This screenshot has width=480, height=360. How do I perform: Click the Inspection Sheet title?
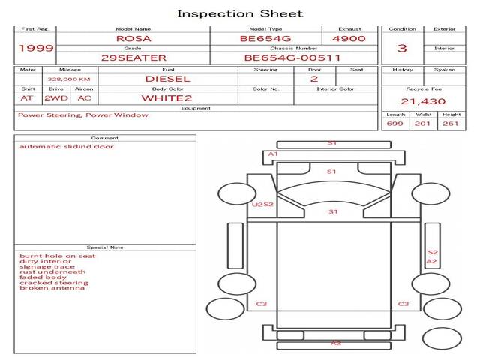pyautogui.click(x=240, y=13)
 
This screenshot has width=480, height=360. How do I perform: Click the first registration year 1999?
pyautogui.click(x=36, y=48)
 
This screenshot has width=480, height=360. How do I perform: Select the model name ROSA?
pyautogui.click(x=133, y=38)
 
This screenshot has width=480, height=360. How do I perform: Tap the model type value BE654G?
pyautogui.click(x=265, y=38)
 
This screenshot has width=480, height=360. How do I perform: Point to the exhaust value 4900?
pyautogui.click(x=349, y=38)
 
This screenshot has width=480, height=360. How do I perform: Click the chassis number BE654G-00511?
pyautogui.click(x=292, y=58)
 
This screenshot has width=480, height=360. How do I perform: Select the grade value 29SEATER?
pyautogui.click(x=133, y=58)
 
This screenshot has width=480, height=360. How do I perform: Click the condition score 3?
pyautogui.click(x=402, y=48)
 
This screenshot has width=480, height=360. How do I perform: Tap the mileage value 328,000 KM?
pyautogui.click(x=69, y=79)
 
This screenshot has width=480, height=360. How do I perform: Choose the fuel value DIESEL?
pyautogui.click(x=168, y=79)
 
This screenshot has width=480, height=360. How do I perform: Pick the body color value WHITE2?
pyautogui.click(x=166, y=98)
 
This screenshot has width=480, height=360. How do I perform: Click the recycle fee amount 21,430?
pyautogui.click(x=423, y=101)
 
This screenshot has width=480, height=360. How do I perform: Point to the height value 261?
pyautogui.click(x=450, y=124)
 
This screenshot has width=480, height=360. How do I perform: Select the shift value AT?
pyautogui.click(x=27, y=98)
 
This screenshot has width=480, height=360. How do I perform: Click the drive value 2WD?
pyautogui.click(x=56, y=98)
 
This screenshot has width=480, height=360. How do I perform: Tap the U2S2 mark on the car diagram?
pyautogui.click(x=262, y=205)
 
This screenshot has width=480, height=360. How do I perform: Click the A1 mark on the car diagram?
pyautogui.click(x=273, y=154)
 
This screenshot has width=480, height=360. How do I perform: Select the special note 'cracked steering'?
pyautogui.click(x=54, y=283)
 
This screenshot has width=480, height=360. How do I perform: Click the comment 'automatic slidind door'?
pyautogui.click(x=67, y=147)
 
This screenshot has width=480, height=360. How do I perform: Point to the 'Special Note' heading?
pyautogui.click(x=105, y=247)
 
